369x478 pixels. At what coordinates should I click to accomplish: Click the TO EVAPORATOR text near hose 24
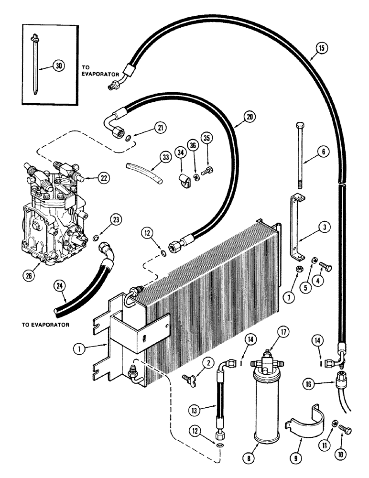pos(45,325)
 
